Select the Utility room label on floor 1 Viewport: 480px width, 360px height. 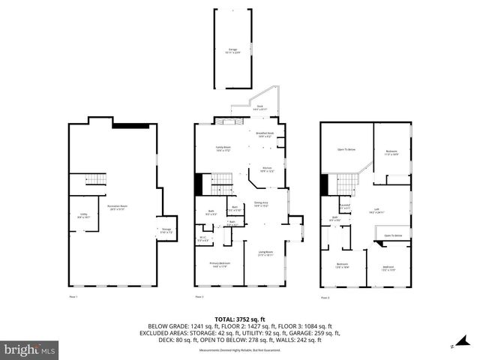pos(84,215)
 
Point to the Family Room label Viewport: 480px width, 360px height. pos(223,148)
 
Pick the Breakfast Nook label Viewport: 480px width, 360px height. pos(265,135)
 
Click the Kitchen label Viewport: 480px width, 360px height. pos(266,169)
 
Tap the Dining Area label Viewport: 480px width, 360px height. pos(262,204)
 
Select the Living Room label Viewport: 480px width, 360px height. pos(265,253)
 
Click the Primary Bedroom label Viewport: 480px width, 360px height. pos(220,264)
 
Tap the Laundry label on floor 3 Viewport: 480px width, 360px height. pos(345,206)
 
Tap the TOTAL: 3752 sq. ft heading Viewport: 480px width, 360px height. pos(239,318)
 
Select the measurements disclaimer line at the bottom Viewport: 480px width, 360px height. pos(239,350)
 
